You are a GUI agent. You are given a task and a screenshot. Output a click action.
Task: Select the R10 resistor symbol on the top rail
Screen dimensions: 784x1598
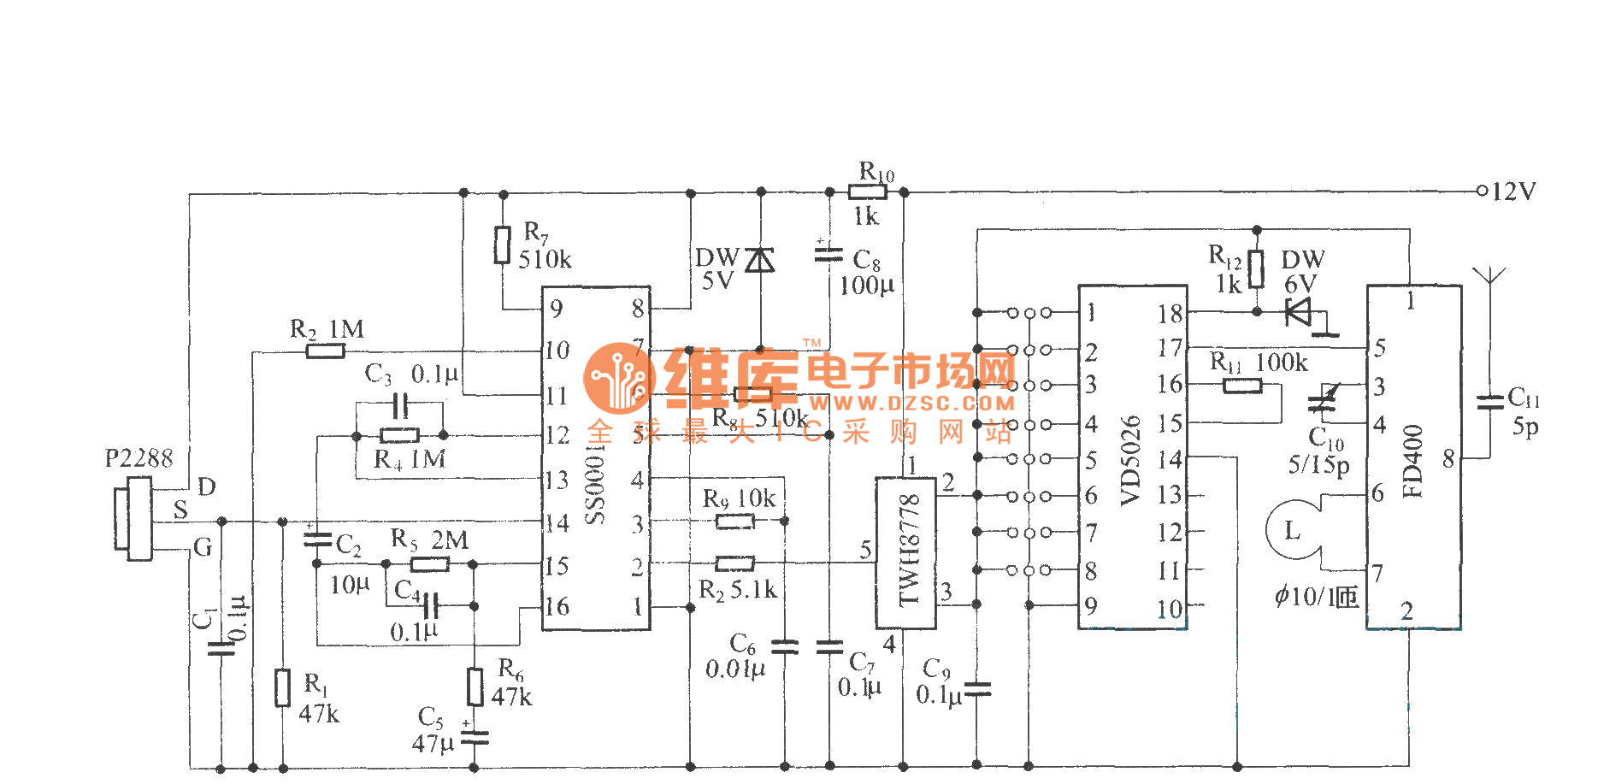867,192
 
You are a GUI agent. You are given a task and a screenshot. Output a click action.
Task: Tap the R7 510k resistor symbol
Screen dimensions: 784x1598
503,245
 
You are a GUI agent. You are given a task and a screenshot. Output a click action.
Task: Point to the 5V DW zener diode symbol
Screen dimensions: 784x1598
760,259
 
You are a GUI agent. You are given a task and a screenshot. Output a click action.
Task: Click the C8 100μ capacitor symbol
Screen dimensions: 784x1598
828,254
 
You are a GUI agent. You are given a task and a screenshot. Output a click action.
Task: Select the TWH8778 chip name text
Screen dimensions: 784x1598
909,551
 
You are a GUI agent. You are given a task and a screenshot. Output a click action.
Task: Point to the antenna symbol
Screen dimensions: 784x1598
1489,276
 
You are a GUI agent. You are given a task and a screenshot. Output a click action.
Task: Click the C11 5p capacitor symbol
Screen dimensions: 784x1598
1489,402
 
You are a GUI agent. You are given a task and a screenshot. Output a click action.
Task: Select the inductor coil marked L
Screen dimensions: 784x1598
1294,531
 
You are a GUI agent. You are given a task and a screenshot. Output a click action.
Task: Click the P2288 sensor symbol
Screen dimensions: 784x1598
133,518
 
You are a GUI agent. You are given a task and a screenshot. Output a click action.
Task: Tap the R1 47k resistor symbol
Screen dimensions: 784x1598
283,687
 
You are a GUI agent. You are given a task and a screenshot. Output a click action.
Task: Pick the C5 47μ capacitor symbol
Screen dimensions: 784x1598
475,737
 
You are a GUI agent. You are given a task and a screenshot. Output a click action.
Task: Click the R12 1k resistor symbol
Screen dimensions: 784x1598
1256,268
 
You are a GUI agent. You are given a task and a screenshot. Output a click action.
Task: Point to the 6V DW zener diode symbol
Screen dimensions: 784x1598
1299,311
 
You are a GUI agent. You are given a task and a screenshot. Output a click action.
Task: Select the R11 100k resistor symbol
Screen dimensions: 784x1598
1242,386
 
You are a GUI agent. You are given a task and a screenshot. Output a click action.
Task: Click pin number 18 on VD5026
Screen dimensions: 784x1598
1170,314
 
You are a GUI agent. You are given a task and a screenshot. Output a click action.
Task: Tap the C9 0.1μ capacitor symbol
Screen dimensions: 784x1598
976,688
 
